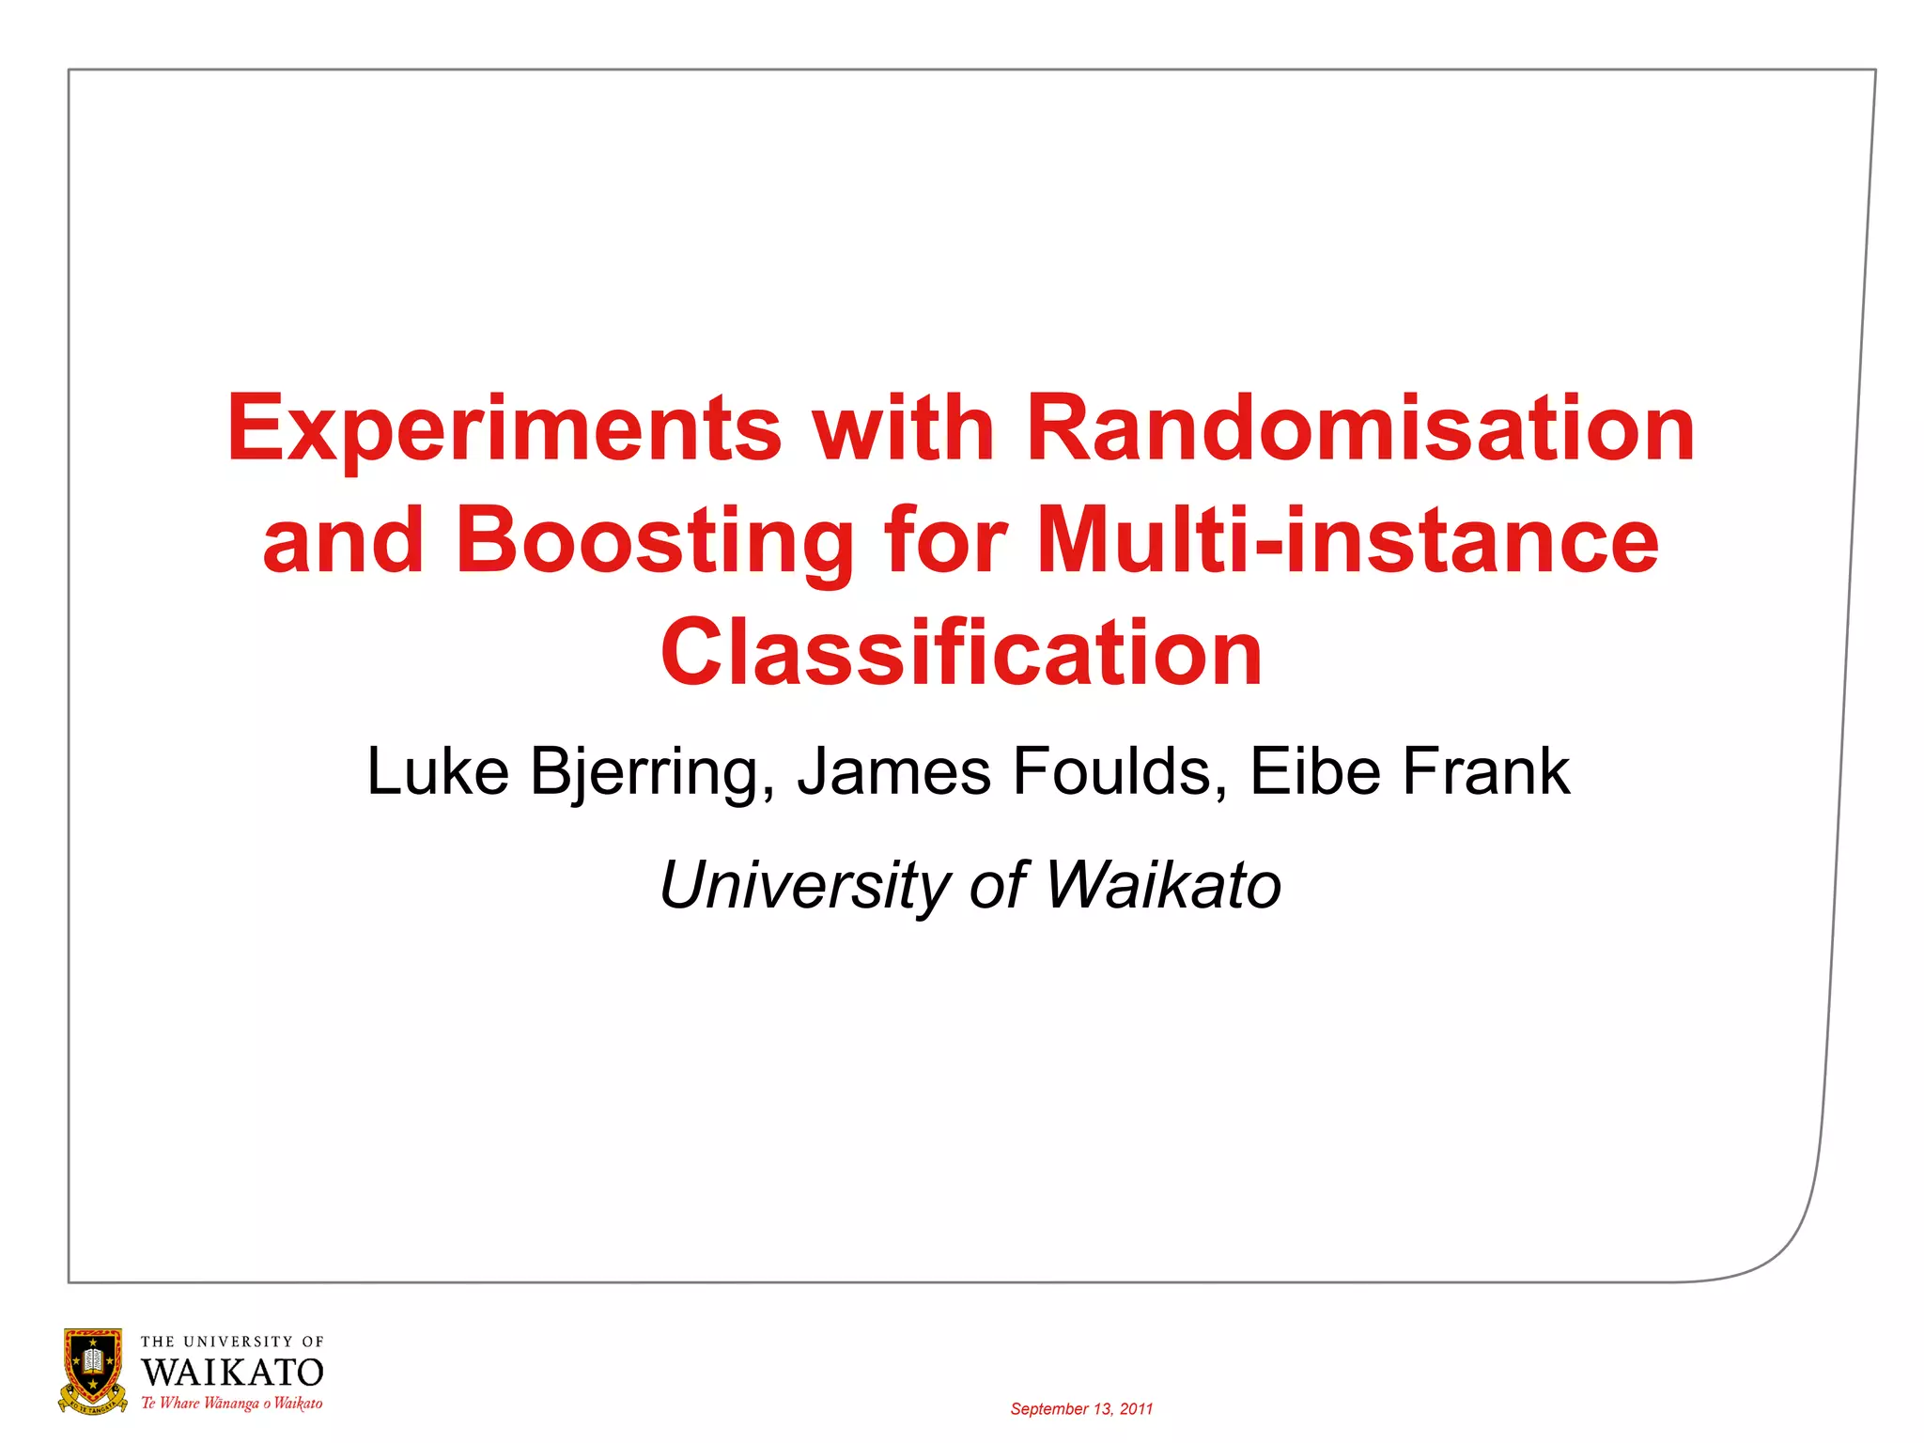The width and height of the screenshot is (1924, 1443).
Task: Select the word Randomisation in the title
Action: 1361,428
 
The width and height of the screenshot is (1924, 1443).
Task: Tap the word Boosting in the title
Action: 654,542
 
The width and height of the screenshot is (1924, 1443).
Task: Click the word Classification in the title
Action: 961,653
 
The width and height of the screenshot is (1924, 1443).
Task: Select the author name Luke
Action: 438,771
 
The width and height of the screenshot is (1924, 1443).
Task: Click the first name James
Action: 893,771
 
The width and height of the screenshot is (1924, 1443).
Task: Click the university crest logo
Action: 93,1371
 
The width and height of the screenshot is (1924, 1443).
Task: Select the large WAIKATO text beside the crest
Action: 232,1373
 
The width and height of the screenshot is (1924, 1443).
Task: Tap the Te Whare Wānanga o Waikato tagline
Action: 232,1404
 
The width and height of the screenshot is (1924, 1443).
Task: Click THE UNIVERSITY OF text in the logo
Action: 232,1342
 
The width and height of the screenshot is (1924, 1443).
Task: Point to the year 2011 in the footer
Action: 1136,1409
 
